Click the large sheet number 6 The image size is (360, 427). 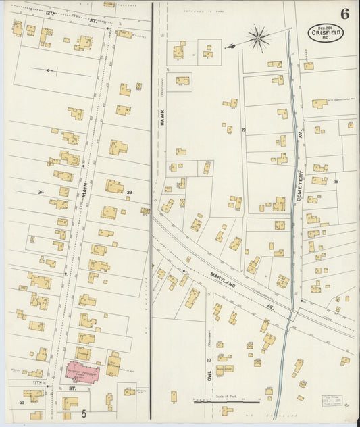click(x=344, y=14)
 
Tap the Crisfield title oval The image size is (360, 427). click(x=326, y=32)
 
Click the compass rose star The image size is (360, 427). click(x=257, y=38)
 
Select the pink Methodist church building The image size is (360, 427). click(x=82, y=371)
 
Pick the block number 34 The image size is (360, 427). click(x=41, y=193)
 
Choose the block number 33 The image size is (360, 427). click(x=129, y=193)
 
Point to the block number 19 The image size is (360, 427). click(x=243, y=130)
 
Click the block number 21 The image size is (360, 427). click(x=22, y=403)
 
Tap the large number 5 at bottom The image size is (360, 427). click(x=84, y=413)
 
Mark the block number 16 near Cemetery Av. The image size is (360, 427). click(x=335, y=181)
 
